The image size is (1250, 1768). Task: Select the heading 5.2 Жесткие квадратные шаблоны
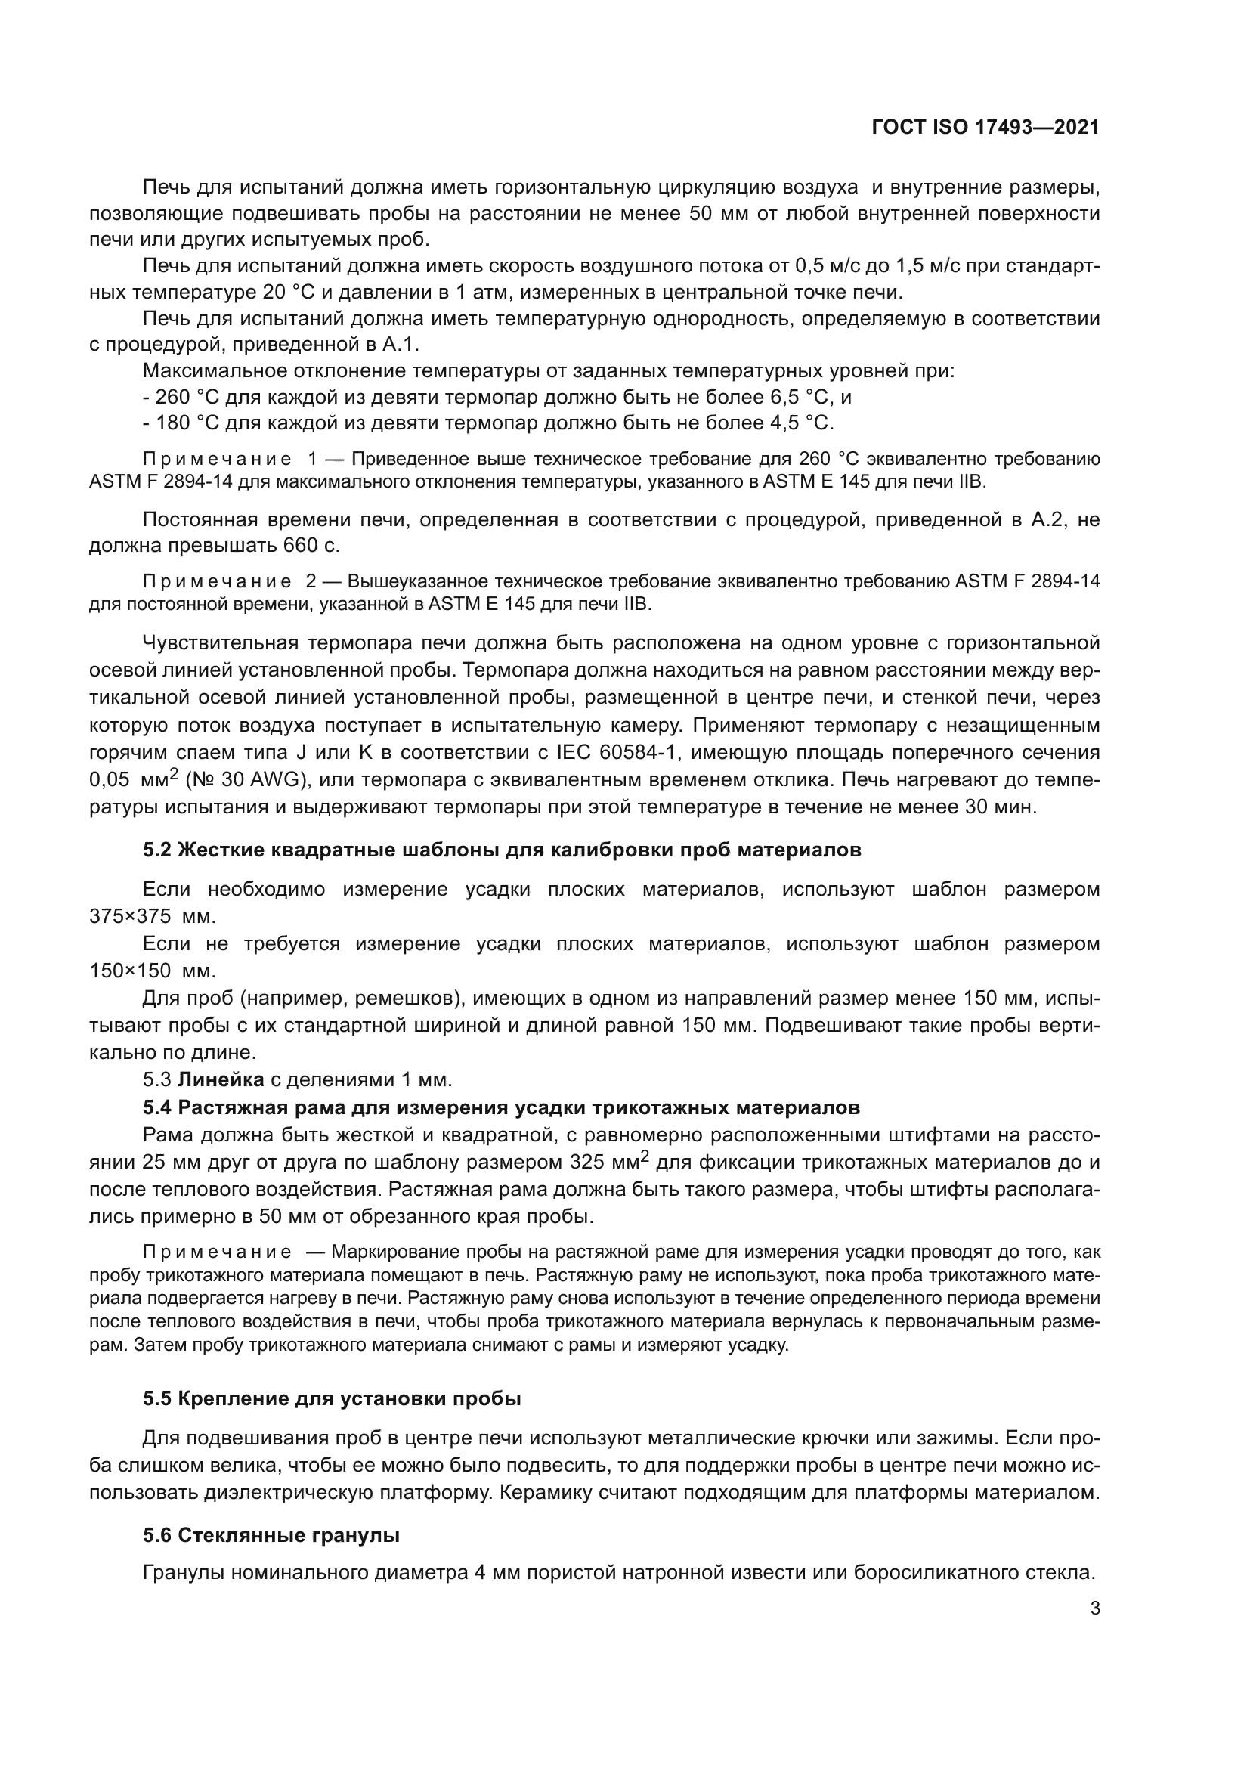coord(502,850)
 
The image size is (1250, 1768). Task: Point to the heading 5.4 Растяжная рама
coord(501,1107)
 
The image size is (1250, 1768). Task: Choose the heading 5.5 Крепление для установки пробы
coord(332,1399)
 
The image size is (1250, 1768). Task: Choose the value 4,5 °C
coord(800,423)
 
